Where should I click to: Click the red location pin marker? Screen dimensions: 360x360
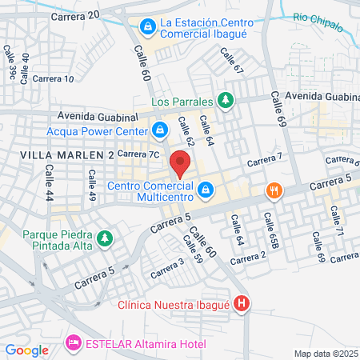click(181, 164)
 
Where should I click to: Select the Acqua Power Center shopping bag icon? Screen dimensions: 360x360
click(160, 129)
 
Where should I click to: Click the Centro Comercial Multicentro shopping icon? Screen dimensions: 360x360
click(206, 190)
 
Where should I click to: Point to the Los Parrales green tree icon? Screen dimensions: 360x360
click(226, 101)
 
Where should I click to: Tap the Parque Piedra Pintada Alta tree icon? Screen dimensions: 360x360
click(104, 238)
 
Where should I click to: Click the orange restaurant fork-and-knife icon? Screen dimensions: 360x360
click(274, 190)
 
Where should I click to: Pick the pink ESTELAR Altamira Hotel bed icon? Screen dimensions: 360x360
click(74, 342)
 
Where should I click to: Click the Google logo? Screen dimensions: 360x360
click(26, 350)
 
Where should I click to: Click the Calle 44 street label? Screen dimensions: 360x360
click(50, 183)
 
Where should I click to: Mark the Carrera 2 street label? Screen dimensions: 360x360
click(247, 258)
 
